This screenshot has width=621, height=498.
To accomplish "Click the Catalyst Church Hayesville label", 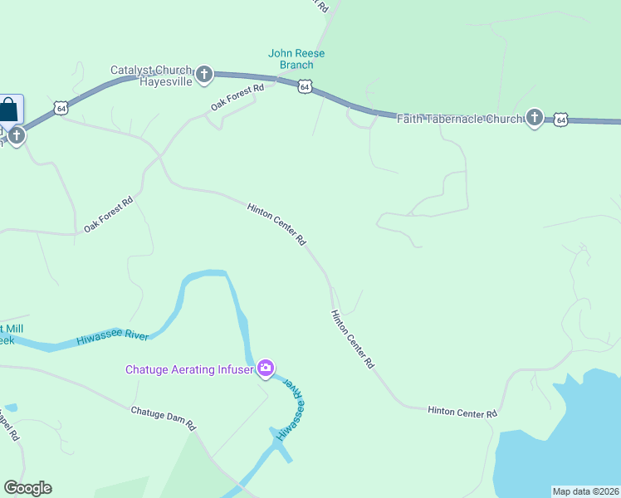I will [x=153, y=76].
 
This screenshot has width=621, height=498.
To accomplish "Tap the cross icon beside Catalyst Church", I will [x=204, y=75].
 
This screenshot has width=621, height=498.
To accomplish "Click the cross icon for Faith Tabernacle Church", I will [x=534, y=118].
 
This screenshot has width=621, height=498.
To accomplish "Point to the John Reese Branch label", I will [x=296, y=59].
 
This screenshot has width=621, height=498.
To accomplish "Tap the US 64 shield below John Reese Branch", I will [x=306, y=86].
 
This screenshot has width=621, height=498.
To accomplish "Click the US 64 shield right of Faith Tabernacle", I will [x=561, y=120].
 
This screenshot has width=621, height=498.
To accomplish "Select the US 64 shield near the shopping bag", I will [x=60, y=108].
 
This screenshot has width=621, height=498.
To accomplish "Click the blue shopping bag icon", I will [x=9, y=110].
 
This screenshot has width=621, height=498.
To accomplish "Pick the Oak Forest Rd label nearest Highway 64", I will [x=237, y=97].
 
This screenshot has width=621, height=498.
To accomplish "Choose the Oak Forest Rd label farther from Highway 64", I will [x=108, y=215].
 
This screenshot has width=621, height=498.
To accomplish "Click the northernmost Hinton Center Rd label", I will [x=277, y=224].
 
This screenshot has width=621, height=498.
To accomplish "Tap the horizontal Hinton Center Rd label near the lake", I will [x=462, y=412].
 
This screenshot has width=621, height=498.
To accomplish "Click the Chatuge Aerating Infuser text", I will [x=189, y=369].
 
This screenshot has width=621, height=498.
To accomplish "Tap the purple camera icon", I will [x=266, y=368].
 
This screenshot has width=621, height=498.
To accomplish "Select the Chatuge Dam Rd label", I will [x=163, y=417].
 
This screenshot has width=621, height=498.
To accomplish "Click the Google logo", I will [x=27, y=488].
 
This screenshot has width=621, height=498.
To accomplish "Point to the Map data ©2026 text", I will [x=585, y=491].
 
